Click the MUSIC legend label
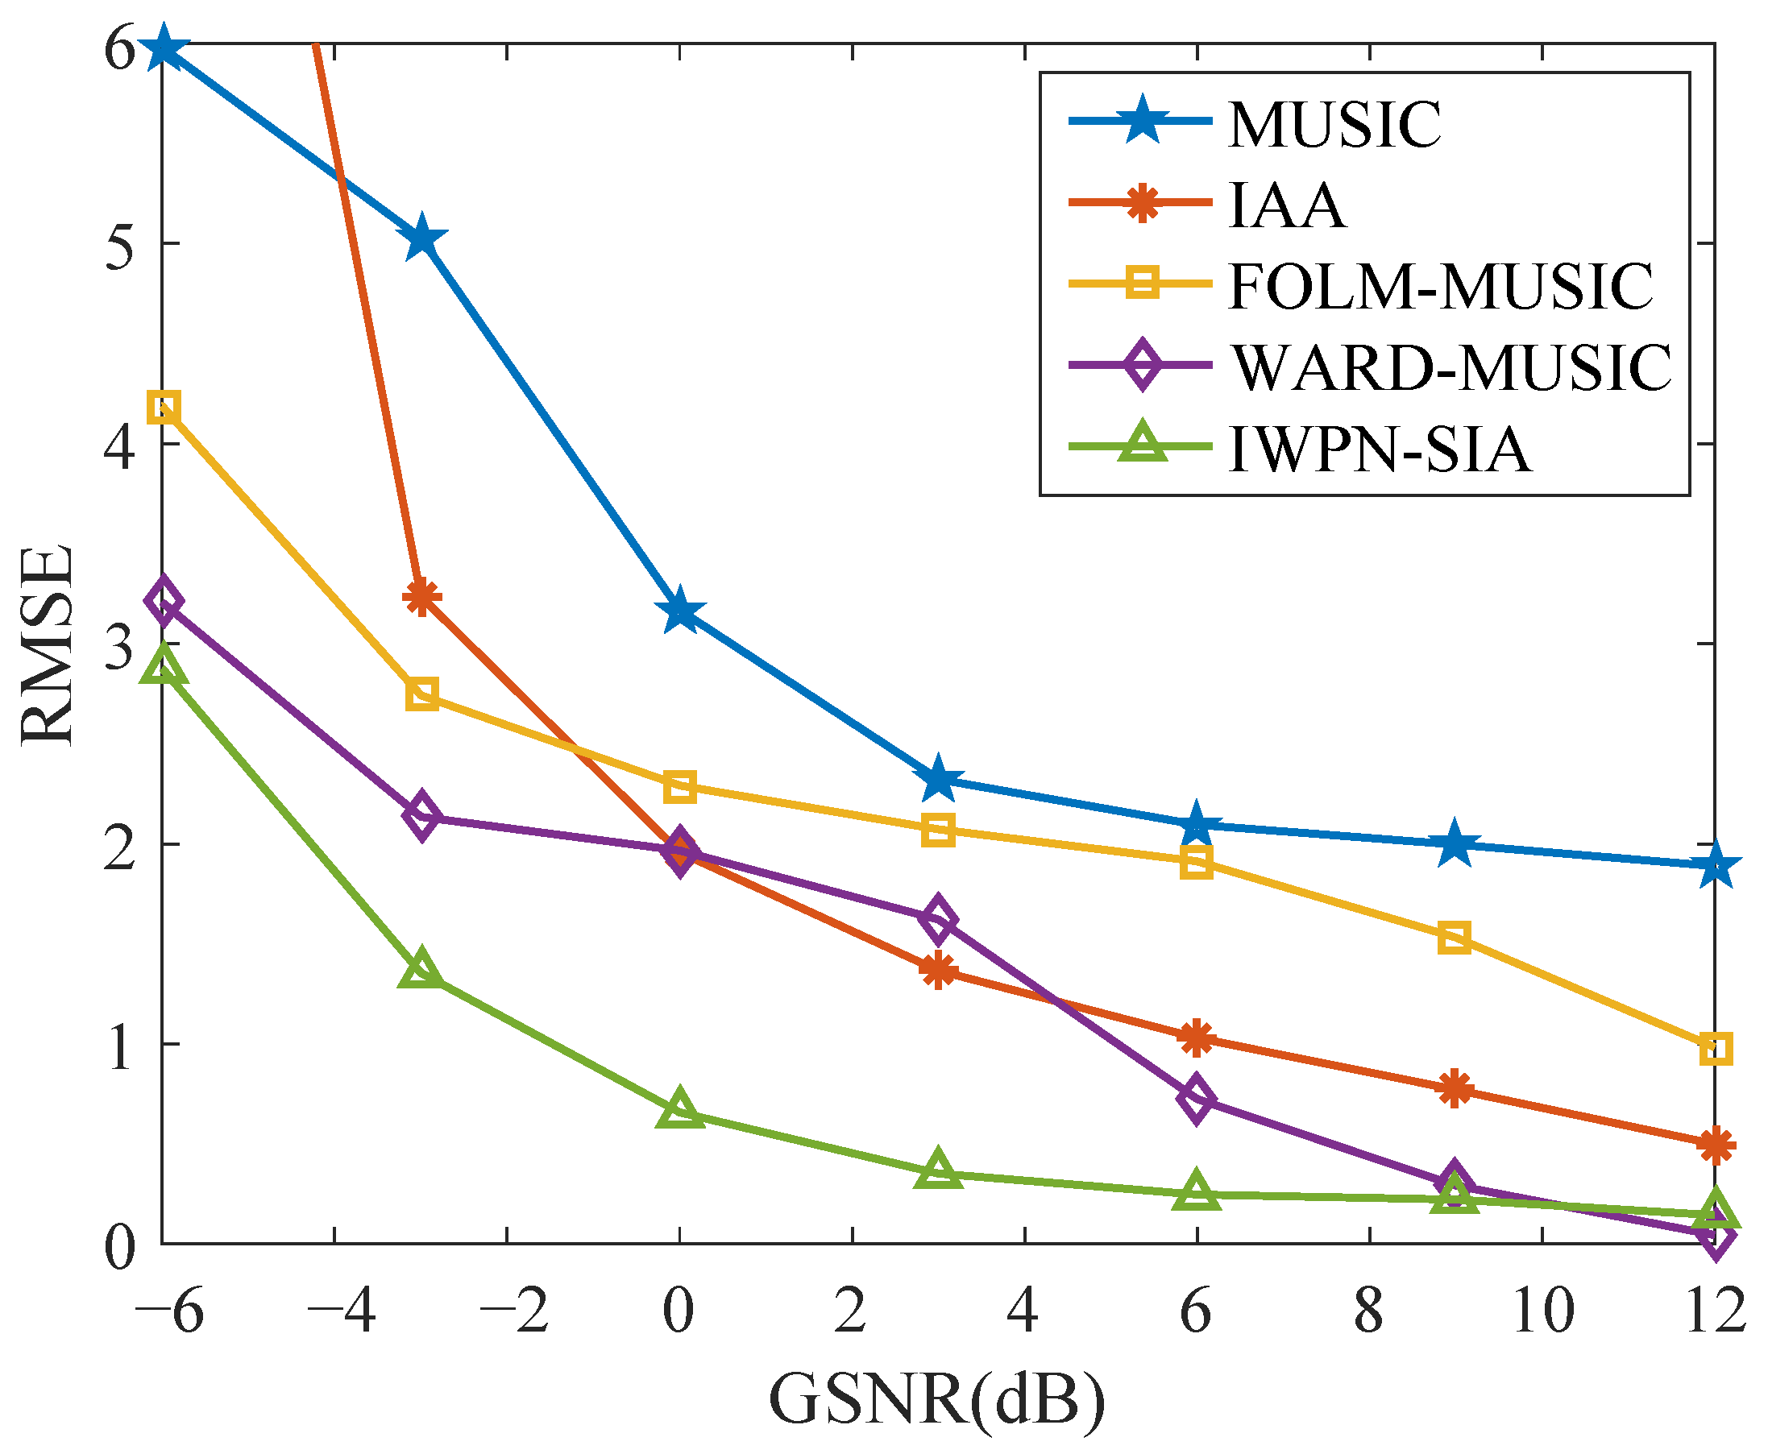(x=1334, y=126)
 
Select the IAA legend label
(x=1287, y=206)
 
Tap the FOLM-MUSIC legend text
(x=1440, y=288)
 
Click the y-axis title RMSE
(x=48, y=644)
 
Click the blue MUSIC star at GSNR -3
(x=421, y=238)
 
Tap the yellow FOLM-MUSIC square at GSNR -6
(x=164, y=408)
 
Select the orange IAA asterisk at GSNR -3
(x=421, y=596)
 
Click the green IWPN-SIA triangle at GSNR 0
(x=679, y=1111)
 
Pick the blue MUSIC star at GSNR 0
(x=679, y=611)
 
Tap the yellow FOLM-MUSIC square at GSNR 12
(x=1715, y=1049)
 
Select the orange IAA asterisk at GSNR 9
(x=1455, y=1089)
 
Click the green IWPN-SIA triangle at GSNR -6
(x=164, y=668)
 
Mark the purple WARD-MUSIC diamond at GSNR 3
(x=938, y=919)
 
